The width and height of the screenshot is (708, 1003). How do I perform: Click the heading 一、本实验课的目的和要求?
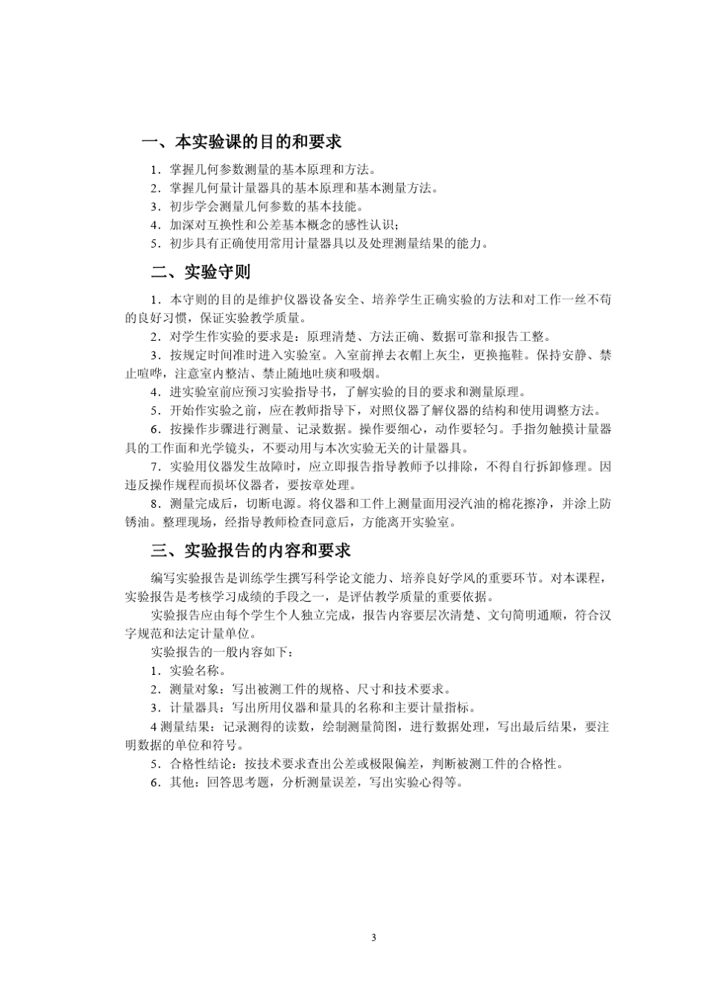point(241,142)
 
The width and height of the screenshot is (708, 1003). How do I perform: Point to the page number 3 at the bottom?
point(373,937)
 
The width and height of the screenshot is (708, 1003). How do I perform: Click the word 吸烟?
point(368,374)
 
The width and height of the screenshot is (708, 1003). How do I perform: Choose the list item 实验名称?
point(193,670)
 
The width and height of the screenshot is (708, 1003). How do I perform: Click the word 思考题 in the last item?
point(249,783)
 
